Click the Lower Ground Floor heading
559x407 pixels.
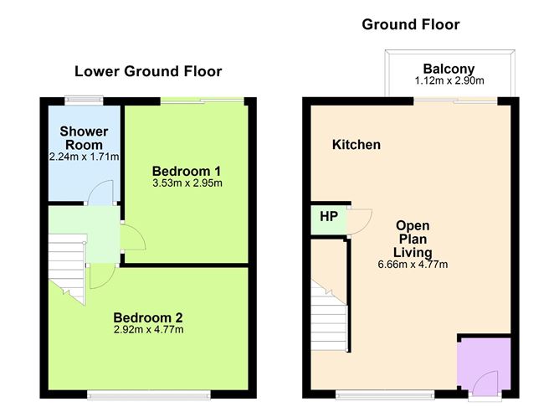(148, 71)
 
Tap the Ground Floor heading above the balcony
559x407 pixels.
(411, 24)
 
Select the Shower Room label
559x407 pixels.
(84, 138)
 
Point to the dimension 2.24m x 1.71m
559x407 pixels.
(84, 157)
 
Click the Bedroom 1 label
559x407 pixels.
(187, 171)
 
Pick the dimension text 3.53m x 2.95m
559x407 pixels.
(187, 183)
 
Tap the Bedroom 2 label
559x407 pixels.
(148, 317)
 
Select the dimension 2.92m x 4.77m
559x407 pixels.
(148, 330)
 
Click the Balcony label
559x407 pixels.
(449, 69)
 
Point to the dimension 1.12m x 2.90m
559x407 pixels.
(449, 81)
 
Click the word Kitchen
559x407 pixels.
(356, 145)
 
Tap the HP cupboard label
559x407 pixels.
(329, 216)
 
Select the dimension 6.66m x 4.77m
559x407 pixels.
(413, 265)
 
